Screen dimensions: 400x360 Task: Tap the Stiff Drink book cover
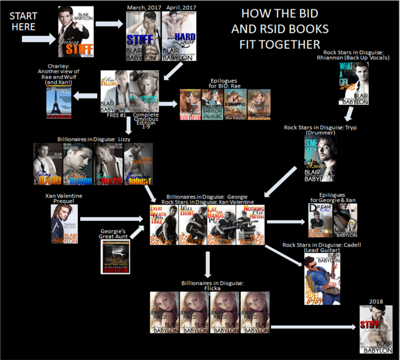[x=143, y=36]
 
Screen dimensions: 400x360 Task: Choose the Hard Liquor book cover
[x=179, y=36]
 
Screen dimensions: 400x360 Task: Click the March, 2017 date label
[x=142, y=7]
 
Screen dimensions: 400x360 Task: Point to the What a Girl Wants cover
[x=354, y=83]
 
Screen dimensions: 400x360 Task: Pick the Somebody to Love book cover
[x=320, y=159]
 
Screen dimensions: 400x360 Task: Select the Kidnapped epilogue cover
[x=235, y=104]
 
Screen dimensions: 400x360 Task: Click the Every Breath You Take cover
[x=164, y=225]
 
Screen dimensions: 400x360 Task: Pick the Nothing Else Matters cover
[x=250, y=225]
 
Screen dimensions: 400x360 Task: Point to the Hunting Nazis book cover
[x=115, y=257]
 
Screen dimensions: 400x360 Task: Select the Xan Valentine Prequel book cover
[x=64, y=224]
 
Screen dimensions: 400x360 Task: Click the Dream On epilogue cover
[x=320, y=220]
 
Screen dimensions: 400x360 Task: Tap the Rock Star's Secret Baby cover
[x=322, y=279]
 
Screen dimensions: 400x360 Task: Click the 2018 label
[x=376, y=302]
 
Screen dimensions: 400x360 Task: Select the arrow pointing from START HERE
[x=39, y=39]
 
